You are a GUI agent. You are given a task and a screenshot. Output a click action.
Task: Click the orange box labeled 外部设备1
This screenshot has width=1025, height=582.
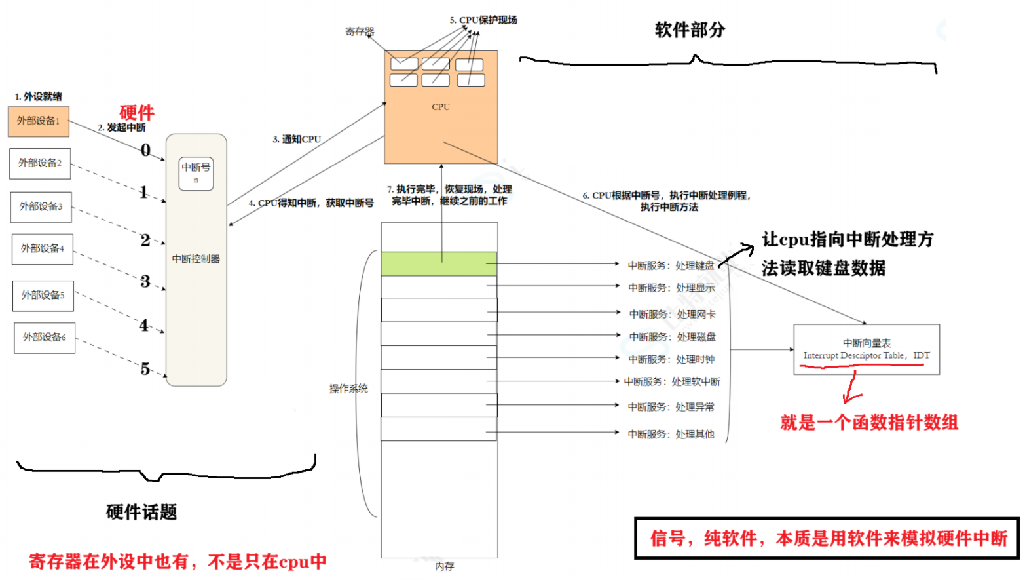click(38, 121)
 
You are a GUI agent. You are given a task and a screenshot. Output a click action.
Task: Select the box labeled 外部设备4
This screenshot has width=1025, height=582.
click(42, 249)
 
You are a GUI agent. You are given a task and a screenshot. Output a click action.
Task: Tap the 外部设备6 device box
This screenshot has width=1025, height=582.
click(45, 338)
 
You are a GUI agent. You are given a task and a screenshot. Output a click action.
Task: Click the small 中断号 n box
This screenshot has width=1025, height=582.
click(196, 173)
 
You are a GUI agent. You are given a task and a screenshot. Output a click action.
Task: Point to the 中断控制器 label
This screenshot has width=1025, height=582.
click(196, 259)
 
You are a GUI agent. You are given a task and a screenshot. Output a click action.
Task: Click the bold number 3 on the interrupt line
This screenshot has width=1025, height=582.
click(145, 281)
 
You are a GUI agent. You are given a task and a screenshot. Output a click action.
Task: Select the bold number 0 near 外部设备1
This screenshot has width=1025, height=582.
click(145, 150)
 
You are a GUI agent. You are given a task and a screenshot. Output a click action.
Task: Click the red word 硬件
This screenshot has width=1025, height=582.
click(137, 112)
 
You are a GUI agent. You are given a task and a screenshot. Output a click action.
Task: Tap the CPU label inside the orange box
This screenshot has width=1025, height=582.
click(441, 107)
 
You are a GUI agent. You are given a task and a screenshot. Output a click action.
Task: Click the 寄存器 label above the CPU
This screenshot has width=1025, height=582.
click(360, 31)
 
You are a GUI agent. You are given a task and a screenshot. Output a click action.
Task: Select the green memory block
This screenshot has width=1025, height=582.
click(439, 263)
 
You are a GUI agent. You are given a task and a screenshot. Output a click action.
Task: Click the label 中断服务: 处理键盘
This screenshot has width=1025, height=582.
click(671, 265)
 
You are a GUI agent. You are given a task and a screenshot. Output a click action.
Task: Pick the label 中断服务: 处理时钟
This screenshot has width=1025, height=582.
click(671, 359)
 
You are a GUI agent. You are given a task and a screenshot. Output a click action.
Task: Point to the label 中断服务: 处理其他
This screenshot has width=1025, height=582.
click(671, 434)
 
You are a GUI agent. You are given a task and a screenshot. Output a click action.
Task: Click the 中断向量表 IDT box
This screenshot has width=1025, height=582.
click(866, 349)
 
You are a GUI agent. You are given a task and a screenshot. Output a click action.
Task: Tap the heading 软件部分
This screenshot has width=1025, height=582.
click(690, 30)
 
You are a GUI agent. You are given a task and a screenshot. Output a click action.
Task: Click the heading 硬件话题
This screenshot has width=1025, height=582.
click(141, 512)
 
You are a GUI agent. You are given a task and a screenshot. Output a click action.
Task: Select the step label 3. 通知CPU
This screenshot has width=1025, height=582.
click(297, 139)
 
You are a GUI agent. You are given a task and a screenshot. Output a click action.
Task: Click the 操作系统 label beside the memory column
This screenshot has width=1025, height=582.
click(348, 389)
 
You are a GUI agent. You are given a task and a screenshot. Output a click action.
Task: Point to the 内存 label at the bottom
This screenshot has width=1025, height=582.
click(444, 566)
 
